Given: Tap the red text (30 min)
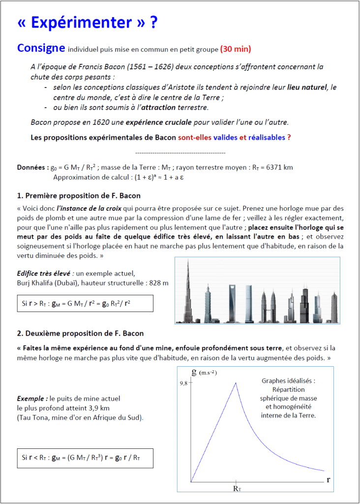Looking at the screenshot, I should [236, 49].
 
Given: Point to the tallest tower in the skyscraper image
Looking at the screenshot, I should [188, 290].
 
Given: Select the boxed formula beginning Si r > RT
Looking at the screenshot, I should [85, 304].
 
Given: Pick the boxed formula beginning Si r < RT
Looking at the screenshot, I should [85, 458].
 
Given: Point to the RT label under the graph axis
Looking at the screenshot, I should [237, 489].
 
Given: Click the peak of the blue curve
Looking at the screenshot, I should [237, 383].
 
